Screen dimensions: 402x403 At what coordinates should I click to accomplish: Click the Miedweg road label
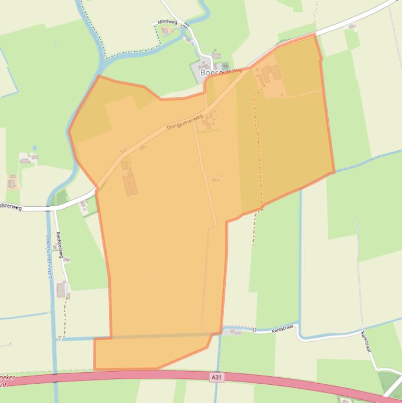click(x=167, y=23)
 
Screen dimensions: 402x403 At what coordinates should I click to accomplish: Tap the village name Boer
click(x=209, y=73)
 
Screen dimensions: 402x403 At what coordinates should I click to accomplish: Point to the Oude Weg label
click(x=231, y=71)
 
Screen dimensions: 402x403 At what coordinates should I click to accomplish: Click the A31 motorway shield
click(x=217, y=377)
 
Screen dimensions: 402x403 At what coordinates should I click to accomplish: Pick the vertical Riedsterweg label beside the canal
click(x=59, y=245)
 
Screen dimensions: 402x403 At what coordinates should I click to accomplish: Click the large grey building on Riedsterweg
click(x=62, y=289)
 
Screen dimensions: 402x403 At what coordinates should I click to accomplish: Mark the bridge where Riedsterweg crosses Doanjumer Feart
click(x=51, y=209)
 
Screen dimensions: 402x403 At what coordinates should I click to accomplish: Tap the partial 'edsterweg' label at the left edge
click(x=10, y=207)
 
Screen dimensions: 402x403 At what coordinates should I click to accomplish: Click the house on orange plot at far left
click(x=12, y=183)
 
